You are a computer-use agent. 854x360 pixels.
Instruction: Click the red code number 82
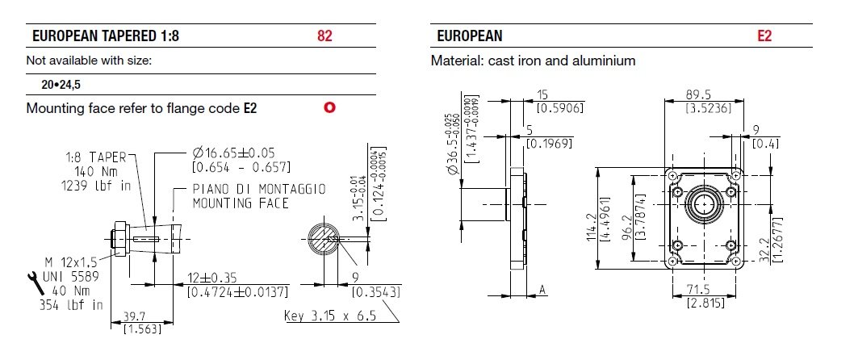tap(324, 36)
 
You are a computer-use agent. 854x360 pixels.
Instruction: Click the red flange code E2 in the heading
tap(764, 36)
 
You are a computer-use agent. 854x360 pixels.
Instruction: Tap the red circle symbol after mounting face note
tap(329, 107)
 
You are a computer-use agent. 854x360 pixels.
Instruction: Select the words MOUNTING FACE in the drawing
tap(240, 203)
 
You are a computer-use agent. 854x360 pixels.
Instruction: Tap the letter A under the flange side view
tap(542, 290)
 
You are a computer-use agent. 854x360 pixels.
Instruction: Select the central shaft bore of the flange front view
tap(705, 205)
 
